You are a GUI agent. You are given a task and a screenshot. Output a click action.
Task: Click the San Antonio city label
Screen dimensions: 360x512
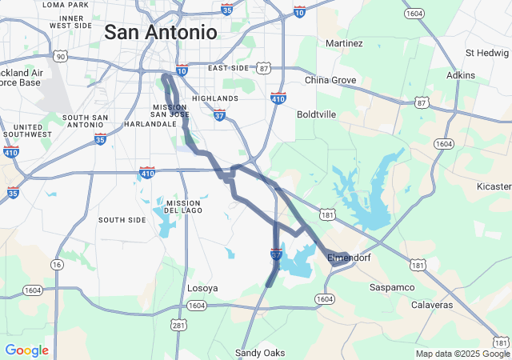coord(161,33)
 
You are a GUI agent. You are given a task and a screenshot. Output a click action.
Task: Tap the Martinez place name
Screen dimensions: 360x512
coord(345,42)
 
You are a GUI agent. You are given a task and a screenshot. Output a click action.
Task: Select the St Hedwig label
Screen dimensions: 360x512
coord(488,53)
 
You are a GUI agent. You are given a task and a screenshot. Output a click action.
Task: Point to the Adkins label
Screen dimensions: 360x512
coord(461,75)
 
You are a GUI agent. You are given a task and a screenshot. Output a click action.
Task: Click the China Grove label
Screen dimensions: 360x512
coord(330,80)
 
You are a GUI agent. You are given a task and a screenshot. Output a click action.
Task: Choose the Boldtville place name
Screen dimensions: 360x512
coord(316,114)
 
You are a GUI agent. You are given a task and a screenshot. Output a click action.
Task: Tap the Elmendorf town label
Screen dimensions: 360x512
coord(349,258)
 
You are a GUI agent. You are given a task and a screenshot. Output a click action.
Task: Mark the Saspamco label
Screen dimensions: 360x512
coord(392,286)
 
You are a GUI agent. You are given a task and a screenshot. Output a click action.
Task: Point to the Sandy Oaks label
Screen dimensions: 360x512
coord(260,353)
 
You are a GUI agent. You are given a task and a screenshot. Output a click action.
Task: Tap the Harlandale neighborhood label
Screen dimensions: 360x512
coord(150,124)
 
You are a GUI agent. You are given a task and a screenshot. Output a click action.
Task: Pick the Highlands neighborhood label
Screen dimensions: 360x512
coord(215,98)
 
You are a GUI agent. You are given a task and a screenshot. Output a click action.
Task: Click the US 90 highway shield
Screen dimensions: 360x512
coord(60,56)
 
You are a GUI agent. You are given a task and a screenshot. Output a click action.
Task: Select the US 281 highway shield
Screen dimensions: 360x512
coord(178,324)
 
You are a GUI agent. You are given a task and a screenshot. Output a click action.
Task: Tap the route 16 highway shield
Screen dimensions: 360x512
coord(56,264)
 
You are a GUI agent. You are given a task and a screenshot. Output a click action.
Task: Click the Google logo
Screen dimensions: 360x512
coord(26,350)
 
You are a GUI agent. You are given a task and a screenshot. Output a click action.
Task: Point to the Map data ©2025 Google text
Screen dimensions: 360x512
coord(462,354)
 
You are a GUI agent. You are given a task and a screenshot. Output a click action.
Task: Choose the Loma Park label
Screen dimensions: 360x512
coord(66,5)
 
